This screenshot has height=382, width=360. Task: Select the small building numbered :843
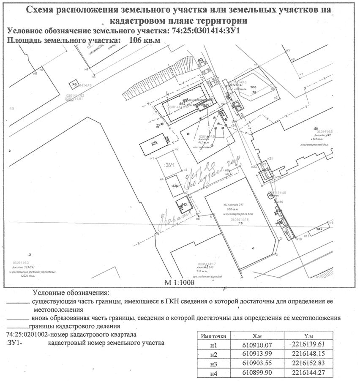tap(183, 205)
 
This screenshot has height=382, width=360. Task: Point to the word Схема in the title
tap(42, 10)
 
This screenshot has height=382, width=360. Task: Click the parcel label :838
tap(254, 87)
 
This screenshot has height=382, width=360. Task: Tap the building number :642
tap(319, 229)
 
